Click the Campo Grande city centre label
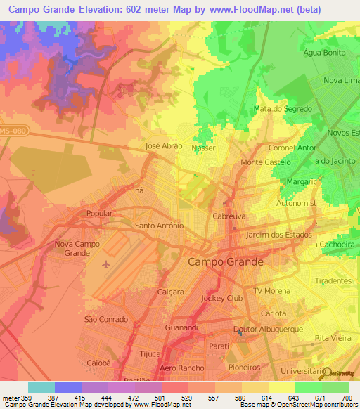point(226,261)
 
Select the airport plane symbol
point(106,264)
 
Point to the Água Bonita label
point(323,53)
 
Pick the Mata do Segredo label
point(282,109)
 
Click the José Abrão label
point(163,145)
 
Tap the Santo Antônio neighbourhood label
point(159,226)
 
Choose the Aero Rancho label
point(182,368)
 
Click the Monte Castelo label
point(261,162)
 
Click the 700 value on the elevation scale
point(345,398)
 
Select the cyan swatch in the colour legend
point(41,387)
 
